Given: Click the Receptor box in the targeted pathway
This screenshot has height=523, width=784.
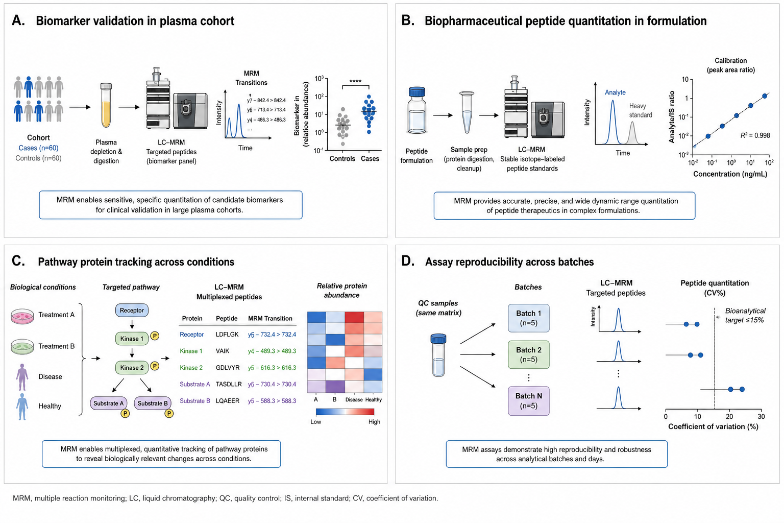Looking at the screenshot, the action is pyautogui.click(x=132, y=311).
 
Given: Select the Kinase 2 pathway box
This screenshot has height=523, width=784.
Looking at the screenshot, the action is pyautogui.click(x=132, y=367).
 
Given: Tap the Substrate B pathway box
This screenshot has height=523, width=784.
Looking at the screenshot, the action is pyautogui.click(x=153, y=403).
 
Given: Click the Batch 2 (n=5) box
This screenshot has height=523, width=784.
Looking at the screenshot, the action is pyautogui.click(x=528, y=354).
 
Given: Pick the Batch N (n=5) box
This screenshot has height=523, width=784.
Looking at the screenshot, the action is pyautogui.click(x=528, y=401).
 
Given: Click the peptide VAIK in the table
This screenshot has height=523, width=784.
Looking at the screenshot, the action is pyautogui.click(x=223, y=351).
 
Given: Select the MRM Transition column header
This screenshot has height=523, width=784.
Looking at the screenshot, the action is pyautogui.click(x=270, y=318).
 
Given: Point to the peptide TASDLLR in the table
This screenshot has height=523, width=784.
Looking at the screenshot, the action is pyautogui.click(x=229, y=384).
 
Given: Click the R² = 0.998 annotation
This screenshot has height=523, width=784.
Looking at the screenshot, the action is pyautogui.click(x=755, y=135).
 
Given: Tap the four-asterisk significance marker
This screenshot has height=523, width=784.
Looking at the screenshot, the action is pyautogui.click(x=355, y=82).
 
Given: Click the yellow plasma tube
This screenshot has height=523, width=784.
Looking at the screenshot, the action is pyautogui.click(x=106, y=105).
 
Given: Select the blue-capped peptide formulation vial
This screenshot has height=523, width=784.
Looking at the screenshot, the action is pyautogui.click(x=417, y=110).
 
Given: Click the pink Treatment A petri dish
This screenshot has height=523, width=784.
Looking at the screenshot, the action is pyautogui.click(x=22, y=316).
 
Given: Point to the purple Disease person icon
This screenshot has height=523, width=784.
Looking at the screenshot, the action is pyautogui.click(x=22, y=377).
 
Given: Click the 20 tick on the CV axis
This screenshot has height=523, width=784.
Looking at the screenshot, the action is pyautogui.click(x=729, y=416).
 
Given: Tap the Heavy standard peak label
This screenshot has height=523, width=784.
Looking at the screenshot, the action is pyautogui.click(x=641, y=110).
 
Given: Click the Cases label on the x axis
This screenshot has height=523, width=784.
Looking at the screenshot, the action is pyautogui.click(x=370, y=159).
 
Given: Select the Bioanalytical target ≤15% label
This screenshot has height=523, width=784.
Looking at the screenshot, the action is pyautogui.click(x=745, y=315).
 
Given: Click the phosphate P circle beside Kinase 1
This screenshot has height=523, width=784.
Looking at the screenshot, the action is pyautogui.click(x=155, y=336).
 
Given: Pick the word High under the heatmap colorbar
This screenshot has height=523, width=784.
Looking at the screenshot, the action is pyautogui.click(x=374, y=422).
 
